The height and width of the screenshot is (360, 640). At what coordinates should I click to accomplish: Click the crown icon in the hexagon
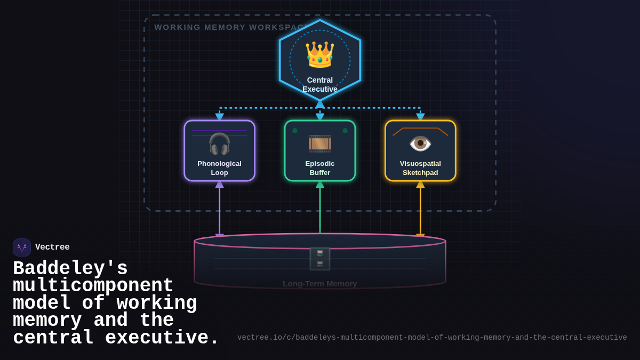[x=319, y=54]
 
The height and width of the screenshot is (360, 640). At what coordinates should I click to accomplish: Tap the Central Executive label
[x=320, y=84]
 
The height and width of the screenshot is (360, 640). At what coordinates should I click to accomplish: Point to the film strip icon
[x=320, y=143]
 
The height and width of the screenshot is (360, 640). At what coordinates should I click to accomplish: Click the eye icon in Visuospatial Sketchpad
[x=420, y=143]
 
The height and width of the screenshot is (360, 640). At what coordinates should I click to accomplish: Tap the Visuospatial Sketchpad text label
[x=420, y=168]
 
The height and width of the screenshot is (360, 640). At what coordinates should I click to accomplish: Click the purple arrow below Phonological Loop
[x=219, y=211]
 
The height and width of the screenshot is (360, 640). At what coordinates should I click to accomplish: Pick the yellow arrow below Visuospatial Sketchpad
[x=420, y=211]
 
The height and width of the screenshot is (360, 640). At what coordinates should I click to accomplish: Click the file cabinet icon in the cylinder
[x=320, y=259]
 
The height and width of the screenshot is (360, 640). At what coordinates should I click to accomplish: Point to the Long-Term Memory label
[x=320, y=284]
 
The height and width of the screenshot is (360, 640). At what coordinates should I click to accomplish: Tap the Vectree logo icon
[x=22, y=247]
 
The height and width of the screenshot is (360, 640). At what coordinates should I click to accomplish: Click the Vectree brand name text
[x=52, y=247]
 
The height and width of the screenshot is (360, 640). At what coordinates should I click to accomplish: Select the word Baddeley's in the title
[x=70, y=268]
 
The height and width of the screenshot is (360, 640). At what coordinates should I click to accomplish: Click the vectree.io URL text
[x=432, y=338]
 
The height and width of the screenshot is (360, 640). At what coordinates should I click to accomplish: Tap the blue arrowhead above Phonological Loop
[x=219, y=117]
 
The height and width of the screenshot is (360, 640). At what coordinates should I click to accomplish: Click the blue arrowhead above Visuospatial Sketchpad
[x=420, y=117]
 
